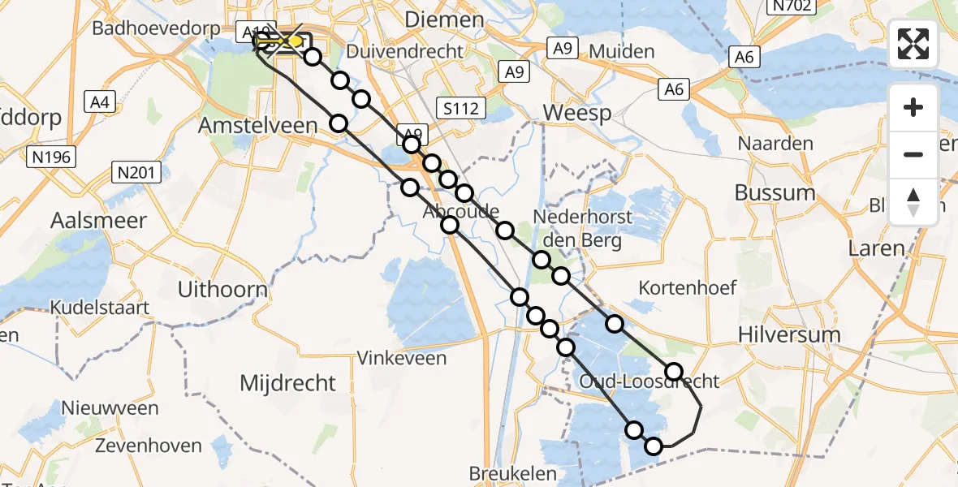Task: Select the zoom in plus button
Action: [x=913, y=107]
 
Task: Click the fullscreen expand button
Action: [x=913, y=44]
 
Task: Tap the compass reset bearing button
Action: [x=913, y=201]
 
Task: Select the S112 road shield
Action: [x=460, y=107]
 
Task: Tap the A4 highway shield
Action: [x=101, y=102]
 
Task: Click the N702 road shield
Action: [x=792, y=6]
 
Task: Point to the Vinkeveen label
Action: [x=403, y=357]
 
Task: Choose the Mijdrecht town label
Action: [x=287, y=382]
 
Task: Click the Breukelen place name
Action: [x=513, y=473]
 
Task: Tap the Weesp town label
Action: [x=576, y=113]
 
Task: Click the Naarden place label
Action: [x=775, y=144]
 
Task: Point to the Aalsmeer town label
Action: [x=99, y=220]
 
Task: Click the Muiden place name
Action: [x=622, y=52]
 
